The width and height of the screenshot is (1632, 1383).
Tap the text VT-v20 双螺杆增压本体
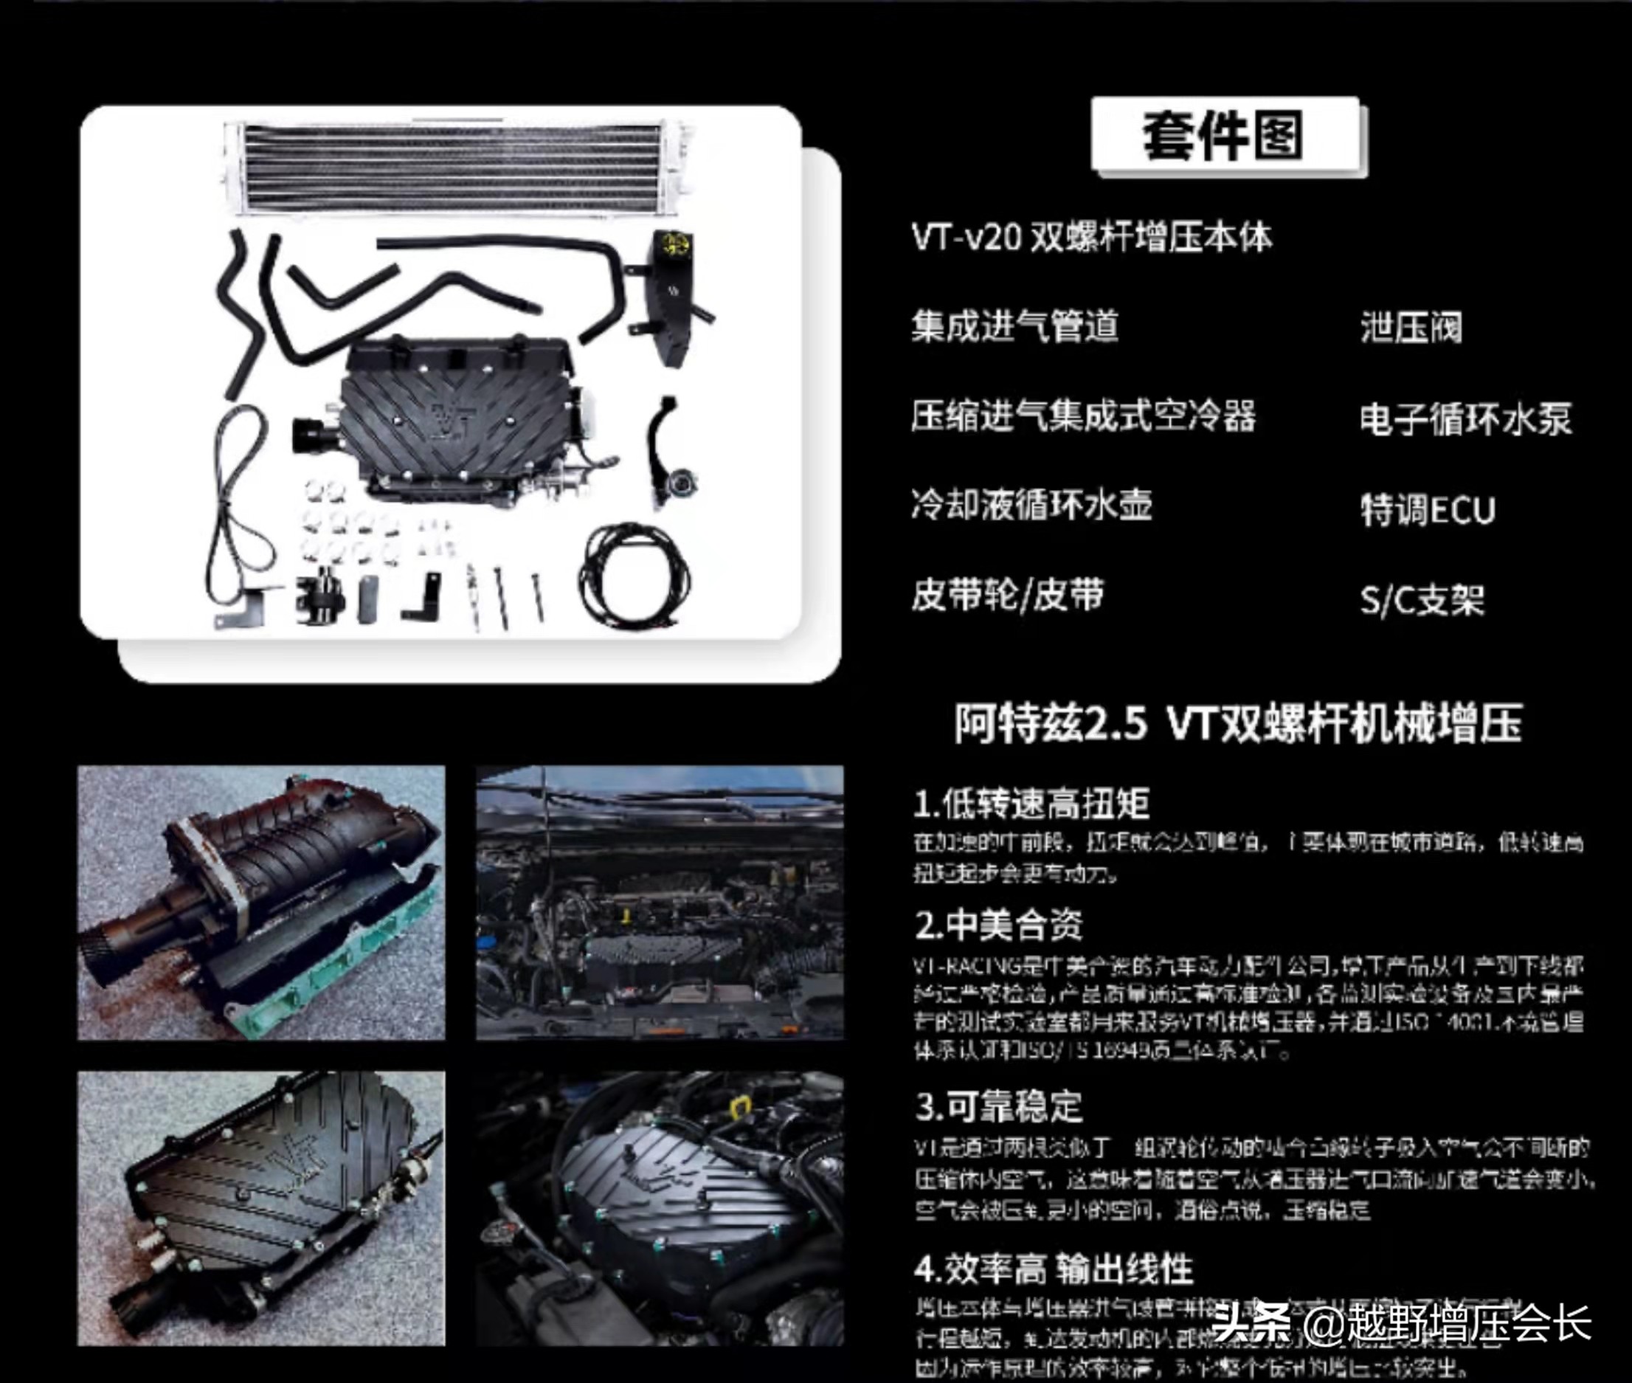tap(1091, 237)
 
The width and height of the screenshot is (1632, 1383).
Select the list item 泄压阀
tap(1411, 327)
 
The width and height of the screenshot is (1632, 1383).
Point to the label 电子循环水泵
tap(1466, 418)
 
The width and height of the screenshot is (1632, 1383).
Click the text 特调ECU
tap(1428, 510)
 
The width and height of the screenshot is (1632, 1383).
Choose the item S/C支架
tap(1422, 600)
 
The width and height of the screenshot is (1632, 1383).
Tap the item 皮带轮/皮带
tap(1007, 595)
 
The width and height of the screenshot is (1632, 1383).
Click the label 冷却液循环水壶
tap(1031, 504)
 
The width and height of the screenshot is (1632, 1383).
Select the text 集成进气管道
tap(1014, 325)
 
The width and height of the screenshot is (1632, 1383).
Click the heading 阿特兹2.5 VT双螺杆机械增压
tap(1238, 722)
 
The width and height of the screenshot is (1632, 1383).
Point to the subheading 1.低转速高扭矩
tap(1031, 803)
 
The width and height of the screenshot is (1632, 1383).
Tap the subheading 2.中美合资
tap(997, 925)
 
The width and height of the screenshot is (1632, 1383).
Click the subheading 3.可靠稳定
tap(997, 1106)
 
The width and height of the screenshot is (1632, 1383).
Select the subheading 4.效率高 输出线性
tap(1053, 1269)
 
